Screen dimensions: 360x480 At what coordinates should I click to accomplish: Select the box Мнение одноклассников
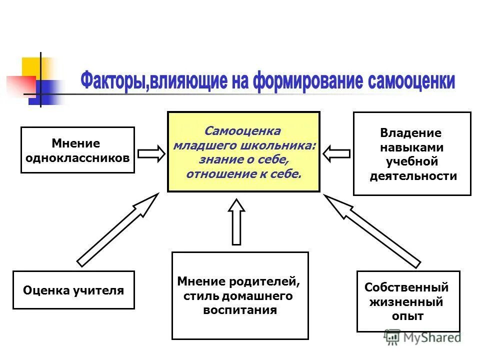(x=77, y=150)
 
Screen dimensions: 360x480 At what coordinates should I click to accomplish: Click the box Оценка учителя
(x=73, y=290)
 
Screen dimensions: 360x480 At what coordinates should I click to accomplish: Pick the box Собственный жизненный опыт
(x=408, y=301)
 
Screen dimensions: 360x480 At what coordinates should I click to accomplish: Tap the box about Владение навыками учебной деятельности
(x=412, y=153)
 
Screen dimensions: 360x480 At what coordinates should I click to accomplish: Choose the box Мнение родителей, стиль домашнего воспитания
(x=240, y=295)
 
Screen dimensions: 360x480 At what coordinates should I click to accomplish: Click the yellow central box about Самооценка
(x=243, y=152)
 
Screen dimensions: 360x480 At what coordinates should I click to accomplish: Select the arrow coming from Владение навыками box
(x=336, y=152)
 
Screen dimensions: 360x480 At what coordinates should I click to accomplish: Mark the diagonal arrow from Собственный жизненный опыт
(x=372, y=230)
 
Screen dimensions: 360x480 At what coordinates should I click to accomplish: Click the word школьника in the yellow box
(x=286, y=145)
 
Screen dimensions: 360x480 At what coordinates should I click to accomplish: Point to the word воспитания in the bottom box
(x=240, y=310)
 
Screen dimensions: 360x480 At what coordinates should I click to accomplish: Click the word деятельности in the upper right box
(x=413, y=176)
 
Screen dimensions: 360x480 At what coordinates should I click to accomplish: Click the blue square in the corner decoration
(x=40, y=92)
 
